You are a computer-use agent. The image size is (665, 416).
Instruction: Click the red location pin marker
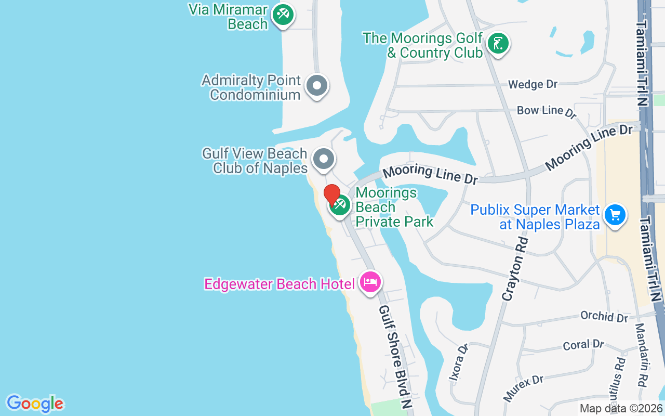coord(332,195)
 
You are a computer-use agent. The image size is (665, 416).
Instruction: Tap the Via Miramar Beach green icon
coord(283,14)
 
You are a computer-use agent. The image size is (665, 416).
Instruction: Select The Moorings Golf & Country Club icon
coord(498,44)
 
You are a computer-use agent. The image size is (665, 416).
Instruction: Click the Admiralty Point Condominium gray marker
coord(316,86)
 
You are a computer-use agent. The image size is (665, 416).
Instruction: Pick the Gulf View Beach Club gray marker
coord(324,159)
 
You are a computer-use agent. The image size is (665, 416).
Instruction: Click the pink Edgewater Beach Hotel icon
coord(370,282)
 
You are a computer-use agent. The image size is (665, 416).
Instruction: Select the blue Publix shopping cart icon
coord(615,214)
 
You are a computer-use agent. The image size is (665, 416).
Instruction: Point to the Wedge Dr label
coord(533,84)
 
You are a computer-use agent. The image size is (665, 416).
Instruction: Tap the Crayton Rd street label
coord(515,268)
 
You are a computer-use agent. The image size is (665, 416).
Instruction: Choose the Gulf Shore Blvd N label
coord(395,356)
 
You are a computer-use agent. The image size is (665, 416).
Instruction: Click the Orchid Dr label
coord(604,317)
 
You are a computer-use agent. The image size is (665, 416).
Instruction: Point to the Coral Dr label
coord(583,345)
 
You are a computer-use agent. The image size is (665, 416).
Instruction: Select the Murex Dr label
coord(523,388)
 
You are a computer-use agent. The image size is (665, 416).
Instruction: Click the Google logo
coord(35,404)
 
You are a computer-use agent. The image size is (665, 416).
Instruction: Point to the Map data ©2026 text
coord(621,409)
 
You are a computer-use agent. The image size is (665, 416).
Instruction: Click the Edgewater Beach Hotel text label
coord(280,284)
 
